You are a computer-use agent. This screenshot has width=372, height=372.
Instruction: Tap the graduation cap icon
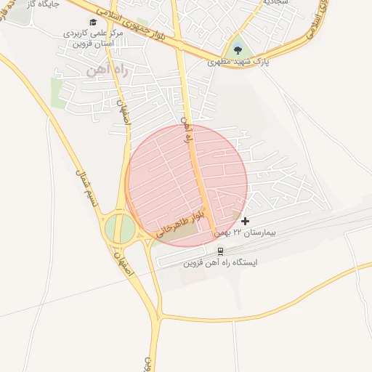coord(92,22)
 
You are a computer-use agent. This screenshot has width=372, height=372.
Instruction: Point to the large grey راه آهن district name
coord(100,70)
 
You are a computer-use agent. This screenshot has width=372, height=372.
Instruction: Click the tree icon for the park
coord(237,49)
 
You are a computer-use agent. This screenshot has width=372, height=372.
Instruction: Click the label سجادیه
coord(275,2)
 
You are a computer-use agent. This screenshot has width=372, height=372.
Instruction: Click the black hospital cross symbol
coord(245,221)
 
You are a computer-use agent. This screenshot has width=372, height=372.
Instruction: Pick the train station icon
coord(220,251)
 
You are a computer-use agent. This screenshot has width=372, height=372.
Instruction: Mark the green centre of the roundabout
coord(120,230)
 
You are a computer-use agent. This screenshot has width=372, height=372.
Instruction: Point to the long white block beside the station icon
coord(185,259)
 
